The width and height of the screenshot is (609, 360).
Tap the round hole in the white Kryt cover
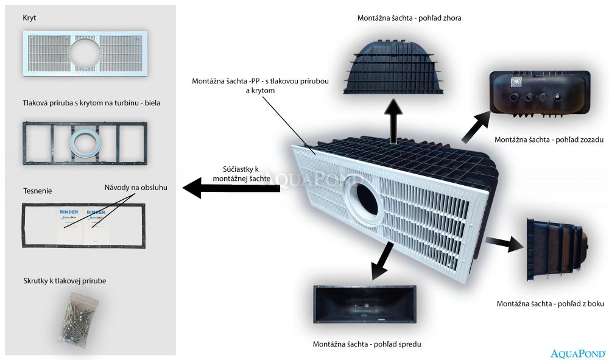85,54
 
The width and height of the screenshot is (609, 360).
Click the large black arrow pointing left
231,188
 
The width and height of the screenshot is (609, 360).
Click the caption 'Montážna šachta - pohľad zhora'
409,18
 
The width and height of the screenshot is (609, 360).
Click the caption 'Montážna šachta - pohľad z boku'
550,303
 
